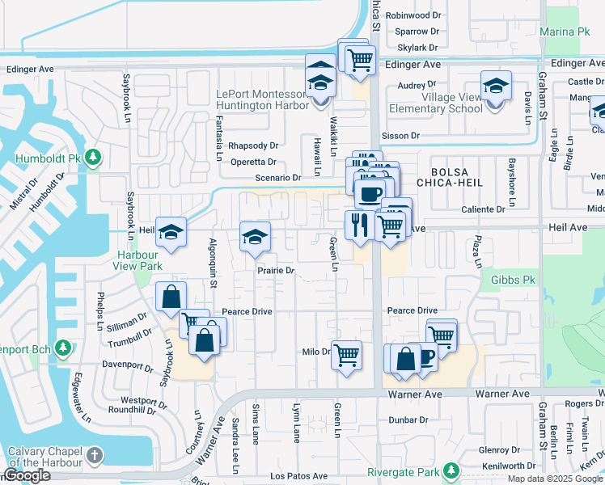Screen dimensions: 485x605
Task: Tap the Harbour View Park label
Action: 135,259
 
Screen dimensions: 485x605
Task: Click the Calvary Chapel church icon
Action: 95,456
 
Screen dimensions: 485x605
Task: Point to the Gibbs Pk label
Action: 508,280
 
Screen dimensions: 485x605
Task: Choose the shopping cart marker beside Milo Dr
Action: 347,354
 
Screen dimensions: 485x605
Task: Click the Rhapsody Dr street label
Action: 253,146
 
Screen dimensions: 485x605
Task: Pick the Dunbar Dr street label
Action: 408,420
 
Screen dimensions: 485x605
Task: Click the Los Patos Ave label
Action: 300,476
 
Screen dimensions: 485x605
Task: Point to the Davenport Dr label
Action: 128,365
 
